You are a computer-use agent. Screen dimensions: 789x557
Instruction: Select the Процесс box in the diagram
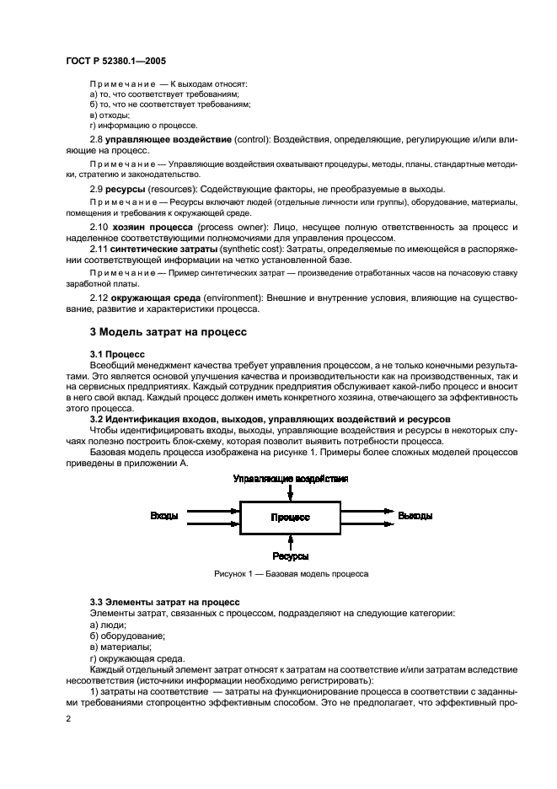(x=290, y=516)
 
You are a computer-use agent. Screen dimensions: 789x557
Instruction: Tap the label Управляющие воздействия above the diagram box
(x=290, y=478)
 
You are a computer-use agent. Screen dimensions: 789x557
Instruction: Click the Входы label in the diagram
(x=164, y=515)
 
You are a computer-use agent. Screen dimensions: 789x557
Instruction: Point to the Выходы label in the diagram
(x=415, y=515)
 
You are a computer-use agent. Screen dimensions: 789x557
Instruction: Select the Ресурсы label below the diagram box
(x=290, y=556)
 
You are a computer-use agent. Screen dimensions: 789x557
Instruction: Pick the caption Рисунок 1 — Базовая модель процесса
(x=290, y=573)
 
